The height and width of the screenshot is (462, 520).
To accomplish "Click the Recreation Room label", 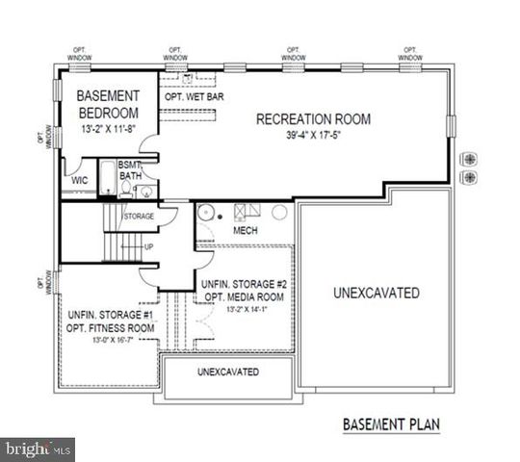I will [x=313, y=119].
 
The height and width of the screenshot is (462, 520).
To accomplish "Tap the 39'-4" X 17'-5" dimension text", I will [x=313, y=137].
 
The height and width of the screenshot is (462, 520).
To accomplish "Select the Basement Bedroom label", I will [x=109, y=104].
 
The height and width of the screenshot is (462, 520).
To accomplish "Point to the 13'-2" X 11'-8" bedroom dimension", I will [x=109, y=128].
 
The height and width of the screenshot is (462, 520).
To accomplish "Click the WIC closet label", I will [x=79, y=180].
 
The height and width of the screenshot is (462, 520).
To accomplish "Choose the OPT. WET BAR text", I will [x=193, y=96].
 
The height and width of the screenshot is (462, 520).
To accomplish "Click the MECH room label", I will [x=245, y=231].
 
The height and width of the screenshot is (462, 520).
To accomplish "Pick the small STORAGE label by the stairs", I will [x=139, y=217].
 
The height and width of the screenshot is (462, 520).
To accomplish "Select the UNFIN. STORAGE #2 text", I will [x=245, y=284].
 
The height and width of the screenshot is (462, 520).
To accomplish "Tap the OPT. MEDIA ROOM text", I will [x=245, y=296].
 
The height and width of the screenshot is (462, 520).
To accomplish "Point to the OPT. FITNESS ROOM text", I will [x=111, y=328].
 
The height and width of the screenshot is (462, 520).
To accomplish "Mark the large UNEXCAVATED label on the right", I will [x=376, y=293].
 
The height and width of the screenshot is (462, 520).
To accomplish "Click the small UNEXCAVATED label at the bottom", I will [x=228, y=372].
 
